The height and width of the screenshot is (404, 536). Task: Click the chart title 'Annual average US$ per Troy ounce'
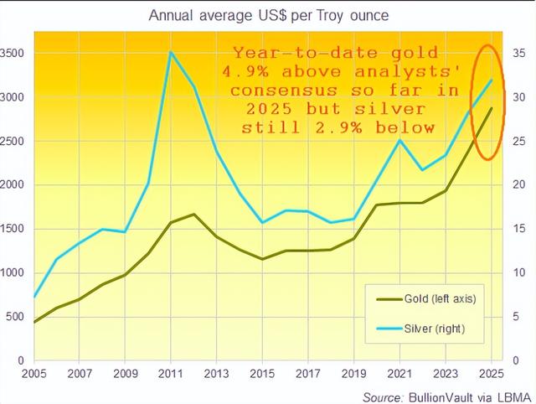coord(268,15)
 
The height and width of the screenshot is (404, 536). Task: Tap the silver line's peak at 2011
coord(171,52)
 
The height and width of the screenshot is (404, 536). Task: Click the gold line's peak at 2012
coord(194,214)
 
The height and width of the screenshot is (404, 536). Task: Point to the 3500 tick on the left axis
coord(14,53)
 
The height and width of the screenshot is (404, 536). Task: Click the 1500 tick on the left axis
coord(14,229)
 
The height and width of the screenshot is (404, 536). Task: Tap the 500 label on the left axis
coord(17,317)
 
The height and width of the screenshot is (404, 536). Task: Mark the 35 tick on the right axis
coord(518,53)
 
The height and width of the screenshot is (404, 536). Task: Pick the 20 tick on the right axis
coord(518,184)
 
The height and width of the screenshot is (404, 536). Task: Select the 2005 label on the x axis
coord(34,374)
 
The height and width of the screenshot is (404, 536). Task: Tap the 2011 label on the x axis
coord(171,374)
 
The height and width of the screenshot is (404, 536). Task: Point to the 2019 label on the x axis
coord(353,374)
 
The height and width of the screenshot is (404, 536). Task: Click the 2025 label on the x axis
coord(490,374)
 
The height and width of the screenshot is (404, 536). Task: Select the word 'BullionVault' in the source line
coord(438,395)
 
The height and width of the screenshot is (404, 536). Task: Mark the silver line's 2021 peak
coord(399,140)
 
